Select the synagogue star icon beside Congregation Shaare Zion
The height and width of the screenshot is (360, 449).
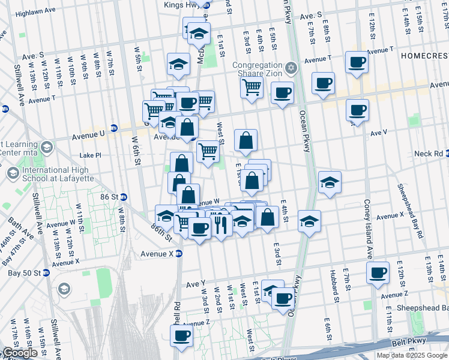(x=292, y=67)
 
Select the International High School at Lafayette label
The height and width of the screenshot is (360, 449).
(x=55, y=175)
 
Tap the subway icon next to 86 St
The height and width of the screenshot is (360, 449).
(x=123, y=197)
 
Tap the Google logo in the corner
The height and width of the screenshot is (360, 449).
(x=20, y=353)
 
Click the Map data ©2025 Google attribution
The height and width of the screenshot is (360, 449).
(x=412, y=355)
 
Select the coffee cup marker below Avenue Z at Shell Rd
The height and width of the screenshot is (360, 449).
(x=181, y=336)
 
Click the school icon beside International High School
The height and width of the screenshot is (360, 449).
(x=12, y=174)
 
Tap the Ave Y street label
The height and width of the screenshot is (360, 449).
(x=196, y=283)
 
